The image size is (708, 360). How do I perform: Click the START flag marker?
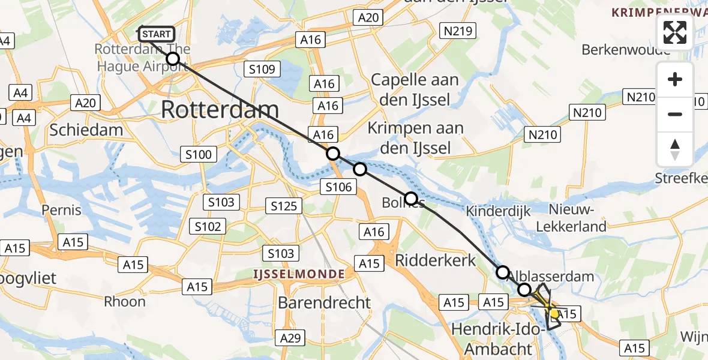pos(157,34)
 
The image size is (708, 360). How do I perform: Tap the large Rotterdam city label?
pos(221,110)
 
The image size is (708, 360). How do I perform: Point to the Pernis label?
pos(61,211)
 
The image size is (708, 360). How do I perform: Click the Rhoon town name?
pos(125,301)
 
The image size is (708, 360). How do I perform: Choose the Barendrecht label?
pos(324,302)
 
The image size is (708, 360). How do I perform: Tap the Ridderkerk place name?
pos(435,260)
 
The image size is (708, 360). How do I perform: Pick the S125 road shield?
pos(283,206)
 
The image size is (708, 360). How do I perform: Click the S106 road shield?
pos(338,187)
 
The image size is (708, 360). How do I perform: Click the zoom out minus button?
pos(675,114)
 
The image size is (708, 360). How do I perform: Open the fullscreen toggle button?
pos(675,32)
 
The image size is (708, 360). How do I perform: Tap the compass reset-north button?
pos(675,149)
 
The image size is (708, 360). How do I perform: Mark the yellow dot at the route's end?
pos(554,313)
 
